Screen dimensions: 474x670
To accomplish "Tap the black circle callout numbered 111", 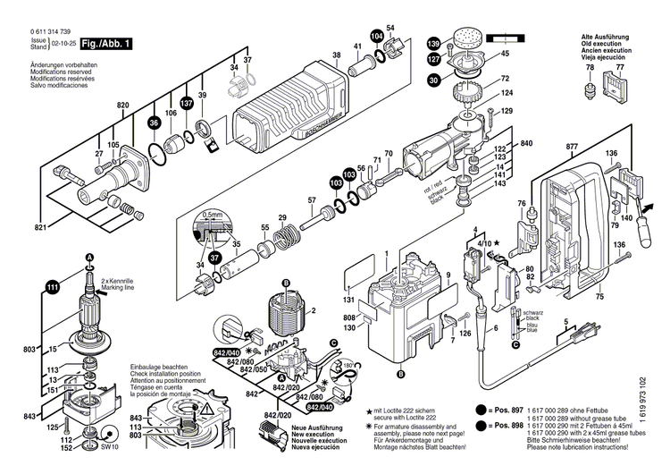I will pos(52,286).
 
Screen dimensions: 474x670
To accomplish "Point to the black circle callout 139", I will pos(434,44).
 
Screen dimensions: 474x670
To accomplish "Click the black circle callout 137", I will pos(187,104).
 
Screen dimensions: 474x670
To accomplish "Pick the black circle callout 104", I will pos(377,36).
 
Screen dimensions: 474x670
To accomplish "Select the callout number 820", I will pos(122,106).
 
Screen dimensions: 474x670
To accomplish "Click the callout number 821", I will pos(40,230).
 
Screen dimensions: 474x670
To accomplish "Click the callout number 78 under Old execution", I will pos(589,68).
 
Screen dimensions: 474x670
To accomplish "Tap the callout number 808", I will pos(350,317).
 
